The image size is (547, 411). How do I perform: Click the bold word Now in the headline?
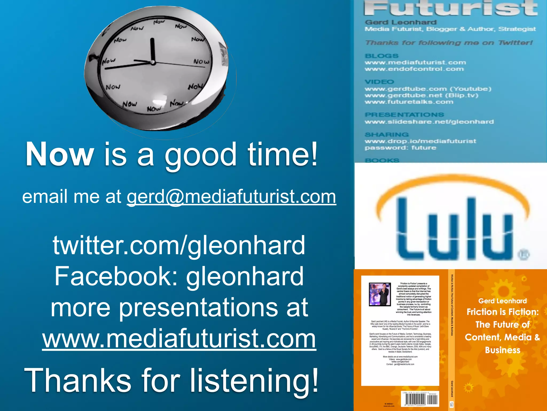(x=60, y=154)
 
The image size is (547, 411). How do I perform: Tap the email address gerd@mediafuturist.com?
(x=231, y=197)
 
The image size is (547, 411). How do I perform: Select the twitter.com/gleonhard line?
(x=179, y=245)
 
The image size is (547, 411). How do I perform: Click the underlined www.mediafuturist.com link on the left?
(x=179, y=339)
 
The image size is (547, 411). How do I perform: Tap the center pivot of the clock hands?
(x=153, y=62)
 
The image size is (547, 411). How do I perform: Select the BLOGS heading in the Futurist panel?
(x=381, y=56)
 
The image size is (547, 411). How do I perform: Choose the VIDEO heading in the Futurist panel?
(x=379, y=82)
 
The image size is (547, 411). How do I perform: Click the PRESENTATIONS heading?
(x=404, y=115)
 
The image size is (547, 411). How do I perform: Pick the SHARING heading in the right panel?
(x=387, y=135)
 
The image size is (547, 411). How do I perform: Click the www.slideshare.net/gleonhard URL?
(x=429, y=122)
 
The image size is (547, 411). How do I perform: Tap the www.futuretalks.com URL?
(x=409, y=102)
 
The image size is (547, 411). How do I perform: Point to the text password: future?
(x=400, y=148)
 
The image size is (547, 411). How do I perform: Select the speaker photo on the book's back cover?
(x=380, y=294)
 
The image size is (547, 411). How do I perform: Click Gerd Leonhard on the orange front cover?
(x=502, y=301)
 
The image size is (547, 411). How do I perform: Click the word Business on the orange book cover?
(x=503, y=350)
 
